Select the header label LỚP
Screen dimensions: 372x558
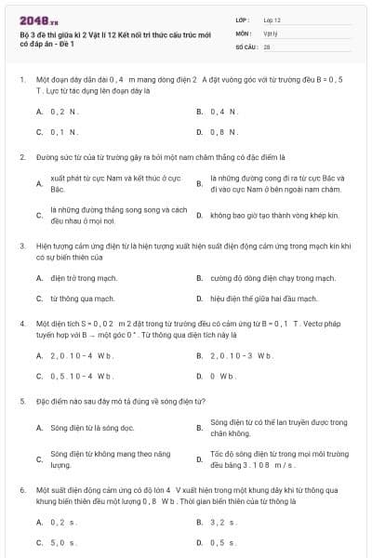(244, 20)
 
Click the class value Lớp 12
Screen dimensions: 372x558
(272, 20)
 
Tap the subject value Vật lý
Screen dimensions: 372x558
(271, 32)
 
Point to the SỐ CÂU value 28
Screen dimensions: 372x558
(267, 45)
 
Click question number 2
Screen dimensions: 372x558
(21, 158)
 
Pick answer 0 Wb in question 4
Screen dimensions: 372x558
(223, 376)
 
